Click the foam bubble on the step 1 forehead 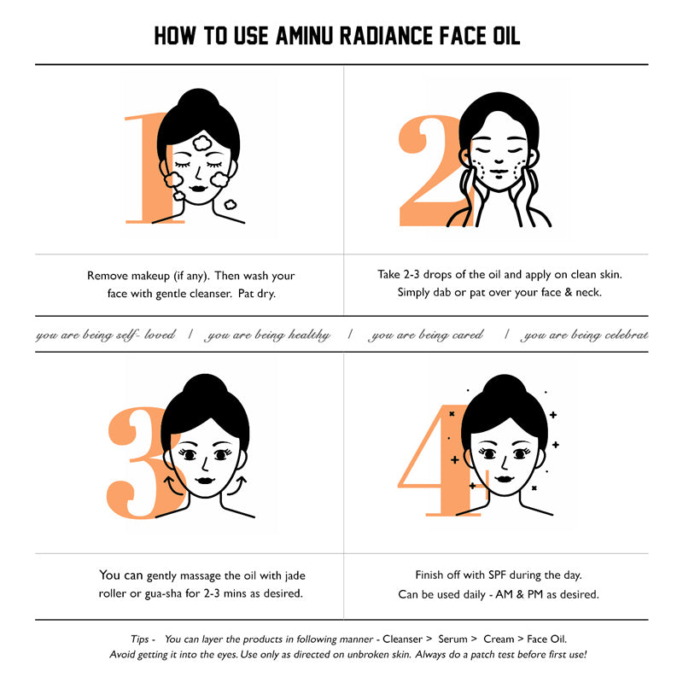pos(202,143)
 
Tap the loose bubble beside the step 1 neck pos(230,204)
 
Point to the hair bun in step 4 pos(504,386)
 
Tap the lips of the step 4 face pos(504,479)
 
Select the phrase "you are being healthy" pos(268,335)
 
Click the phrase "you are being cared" pos(425,335)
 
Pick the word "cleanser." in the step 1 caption pos(211,294)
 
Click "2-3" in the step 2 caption pos(412,274)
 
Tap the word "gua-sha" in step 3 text pos(163,594)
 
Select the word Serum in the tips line pos(452,639)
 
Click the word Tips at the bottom pos(139,639)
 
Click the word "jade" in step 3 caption pos(295,575)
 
